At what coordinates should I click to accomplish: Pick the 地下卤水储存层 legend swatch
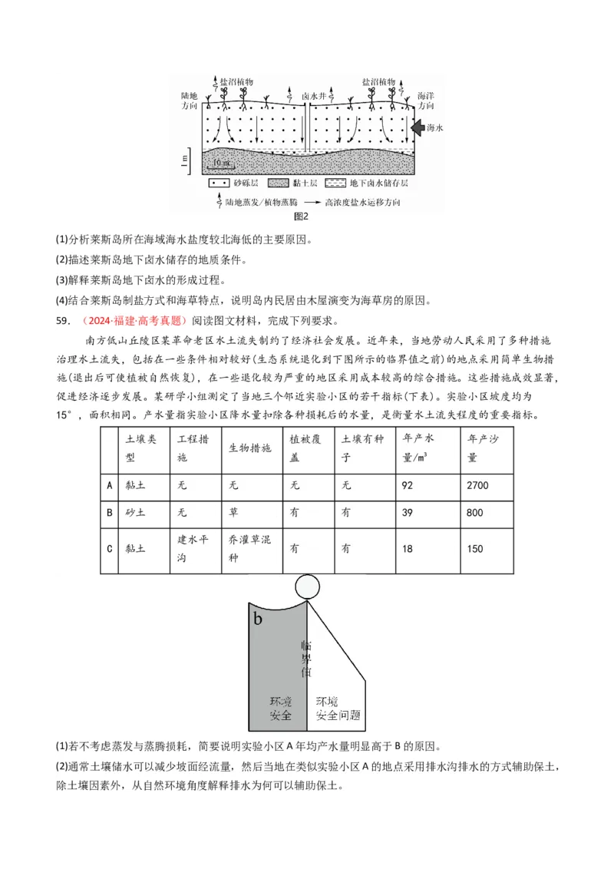pyautogui.click(x=335, y=184)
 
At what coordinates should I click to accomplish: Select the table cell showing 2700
pyautogui.click(x=487, y=485)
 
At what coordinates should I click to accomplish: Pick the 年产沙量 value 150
pyautogui.click(x=487, y=549)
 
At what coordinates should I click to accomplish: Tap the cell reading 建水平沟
pyautogui.click(x=191, y=549)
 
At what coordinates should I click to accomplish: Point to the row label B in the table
pyautogui.click(x=110, y=512)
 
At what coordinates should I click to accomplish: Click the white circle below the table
pyautogui.click(x=307, y=587)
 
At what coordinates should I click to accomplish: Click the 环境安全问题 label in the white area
pyautogui.click(x=338, y=708)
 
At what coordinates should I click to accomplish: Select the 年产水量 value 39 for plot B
pyautogui.click(x=428, y=512)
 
